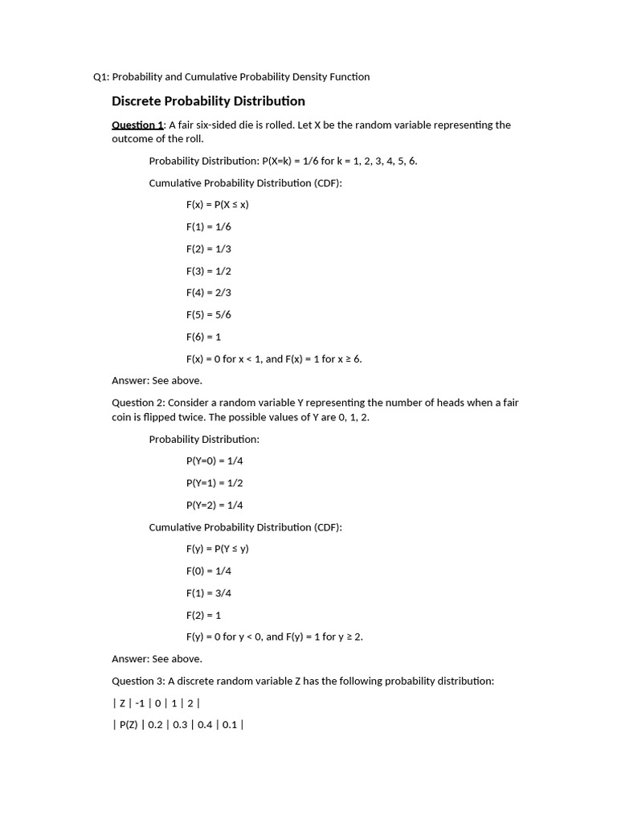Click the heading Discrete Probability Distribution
(208, 101)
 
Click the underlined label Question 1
(137, 125)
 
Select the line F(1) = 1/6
(209, 227)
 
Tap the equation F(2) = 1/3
(209, 249)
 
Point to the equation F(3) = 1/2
(209, 271)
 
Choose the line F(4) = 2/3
(209, 293)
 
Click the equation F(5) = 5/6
(209, 314)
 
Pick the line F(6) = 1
(203, 337)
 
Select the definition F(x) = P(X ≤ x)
(218, 204)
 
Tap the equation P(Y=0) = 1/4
(215, 461)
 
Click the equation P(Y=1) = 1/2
(215, 483)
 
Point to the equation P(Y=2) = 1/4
(215, 505)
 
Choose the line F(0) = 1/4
(209, 571)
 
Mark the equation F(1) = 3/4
(209, 593)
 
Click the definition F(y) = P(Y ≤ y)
(218, 549)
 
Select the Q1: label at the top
(101, 77)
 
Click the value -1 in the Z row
(141, 702)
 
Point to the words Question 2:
(138, 403)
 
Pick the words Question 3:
(138, 681)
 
